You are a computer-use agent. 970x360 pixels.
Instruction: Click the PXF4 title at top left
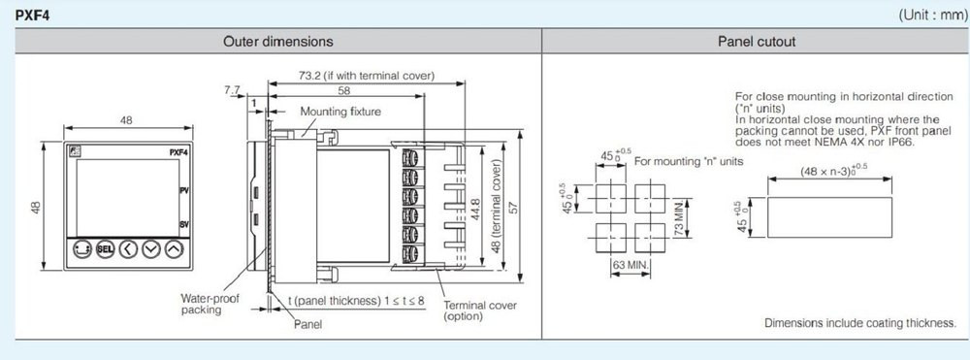point(33,15)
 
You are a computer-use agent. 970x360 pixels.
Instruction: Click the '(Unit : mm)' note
point(933,15)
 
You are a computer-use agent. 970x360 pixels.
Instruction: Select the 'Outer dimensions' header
point(278,42)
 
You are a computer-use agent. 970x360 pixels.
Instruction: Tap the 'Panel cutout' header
point(757,42)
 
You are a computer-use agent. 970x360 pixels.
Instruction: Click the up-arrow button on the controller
point(175,249)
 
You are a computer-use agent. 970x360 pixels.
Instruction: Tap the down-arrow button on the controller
point(151,249)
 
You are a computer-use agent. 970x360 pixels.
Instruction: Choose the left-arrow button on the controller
point(128,249)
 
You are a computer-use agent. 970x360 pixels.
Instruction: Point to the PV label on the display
point(183,190)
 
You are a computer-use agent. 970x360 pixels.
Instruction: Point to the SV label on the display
point(183,224)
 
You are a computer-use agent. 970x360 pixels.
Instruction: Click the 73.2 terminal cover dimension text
point(367,76)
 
